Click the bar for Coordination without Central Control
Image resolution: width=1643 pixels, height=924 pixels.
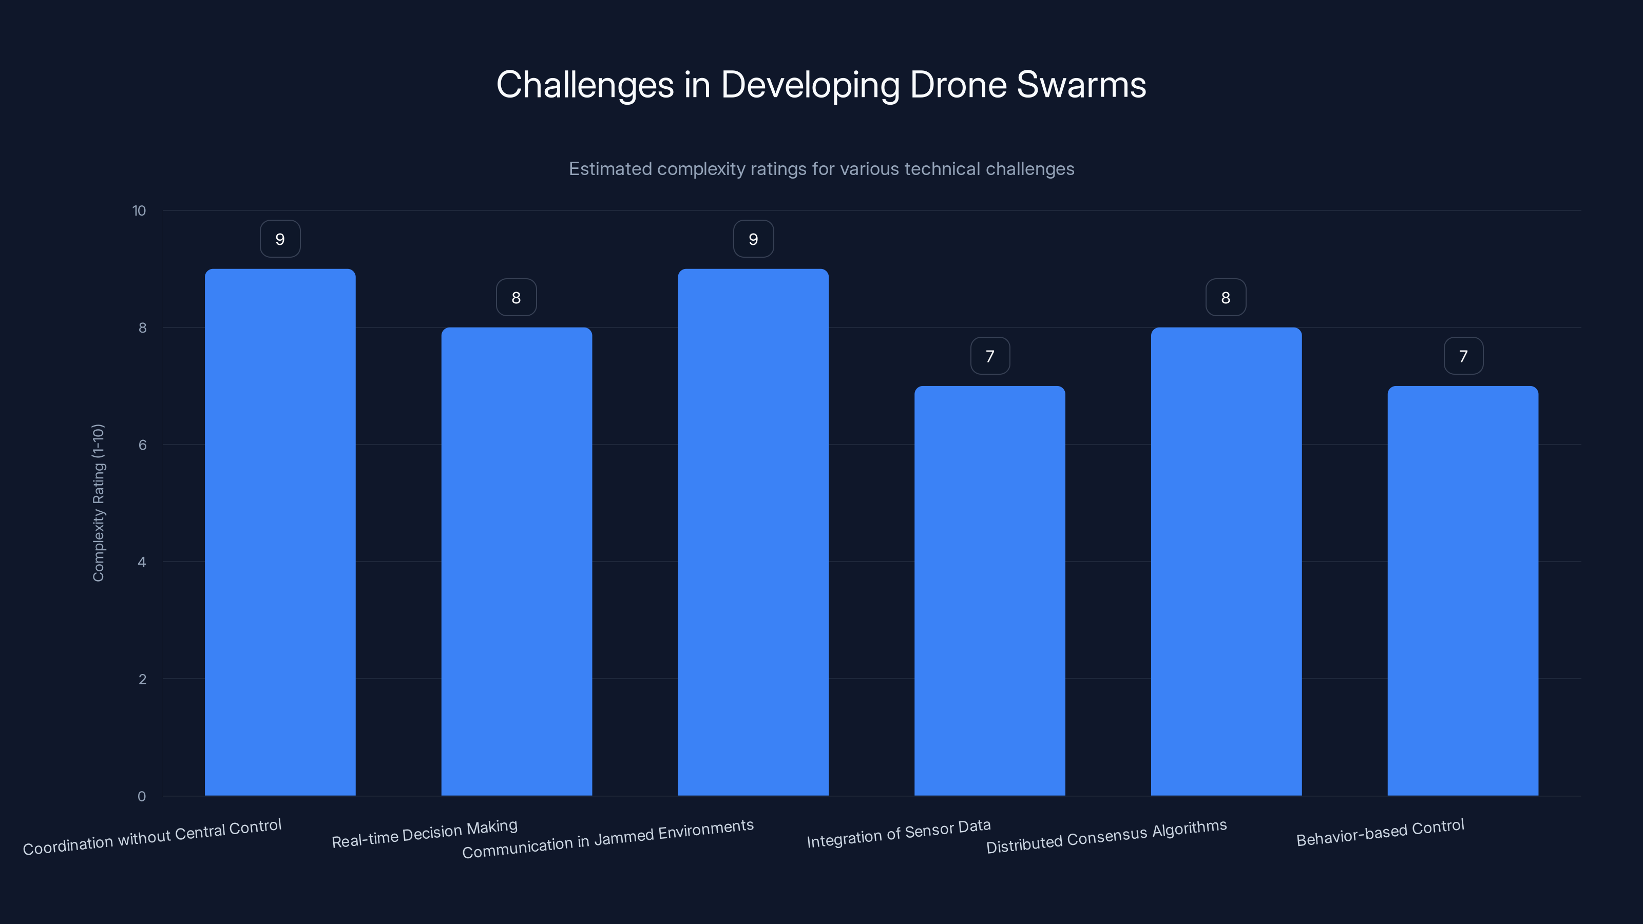click(280, 532)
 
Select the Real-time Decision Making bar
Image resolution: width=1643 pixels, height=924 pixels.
click(517, 561)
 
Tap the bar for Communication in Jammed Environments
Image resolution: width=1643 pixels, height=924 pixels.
click(753, 532)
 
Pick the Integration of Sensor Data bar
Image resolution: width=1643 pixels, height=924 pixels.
click(990, 590)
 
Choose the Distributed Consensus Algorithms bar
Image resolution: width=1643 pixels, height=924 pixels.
click(1226, 561)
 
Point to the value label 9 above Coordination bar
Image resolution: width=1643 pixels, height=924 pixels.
click(280, 239)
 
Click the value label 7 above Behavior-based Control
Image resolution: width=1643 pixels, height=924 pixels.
click(1463, 356)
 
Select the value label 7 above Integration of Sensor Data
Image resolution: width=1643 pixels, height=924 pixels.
click(990, 356)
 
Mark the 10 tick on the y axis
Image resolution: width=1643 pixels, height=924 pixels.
click(139, 211)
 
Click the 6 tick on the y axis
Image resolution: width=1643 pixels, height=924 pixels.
click(142, 445)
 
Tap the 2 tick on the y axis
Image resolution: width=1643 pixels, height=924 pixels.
click(142, 679)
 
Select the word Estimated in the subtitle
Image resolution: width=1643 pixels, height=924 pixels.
click(610, 169)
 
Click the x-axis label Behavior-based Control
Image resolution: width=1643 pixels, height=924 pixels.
click(1380, 833)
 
